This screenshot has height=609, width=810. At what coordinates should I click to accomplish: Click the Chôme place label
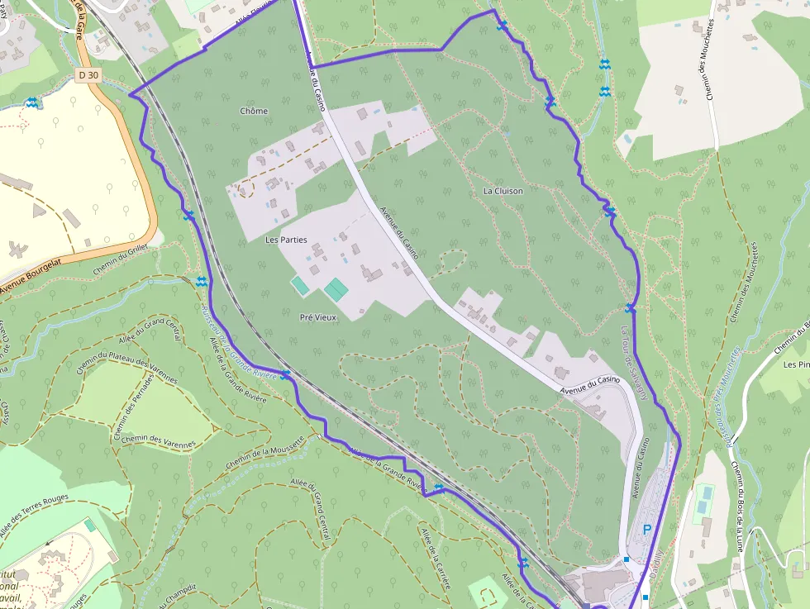(254, 111)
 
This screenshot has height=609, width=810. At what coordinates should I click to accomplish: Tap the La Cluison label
(503, 191)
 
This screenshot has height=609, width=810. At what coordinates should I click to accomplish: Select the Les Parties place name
(286, 240)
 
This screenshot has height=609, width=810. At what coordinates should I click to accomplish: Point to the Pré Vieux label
(318, 316)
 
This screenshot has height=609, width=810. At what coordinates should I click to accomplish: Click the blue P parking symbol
(647, 529)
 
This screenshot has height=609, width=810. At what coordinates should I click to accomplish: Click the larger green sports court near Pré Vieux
(336, 289)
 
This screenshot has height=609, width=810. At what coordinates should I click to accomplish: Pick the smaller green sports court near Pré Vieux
(300, 286)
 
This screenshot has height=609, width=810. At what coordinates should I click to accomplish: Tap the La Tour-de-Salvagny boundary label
(633, 363)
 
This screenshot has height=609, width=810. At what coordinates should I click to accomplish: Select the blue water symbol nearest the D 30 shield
(31, 102)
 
